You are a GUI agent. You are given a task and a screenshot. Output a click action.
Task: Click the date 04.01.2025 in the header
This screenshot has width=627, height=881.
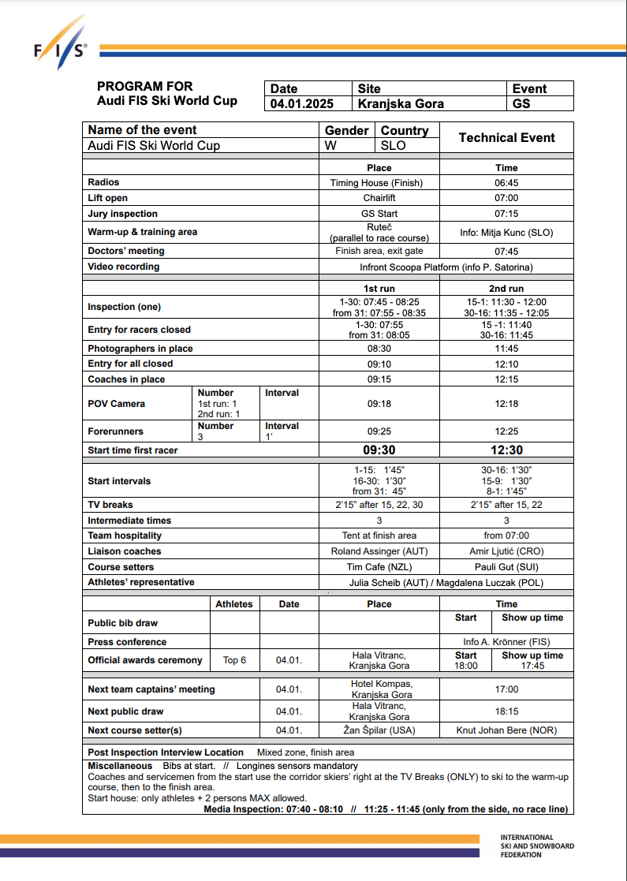pyautogui.click(x=301, y=104)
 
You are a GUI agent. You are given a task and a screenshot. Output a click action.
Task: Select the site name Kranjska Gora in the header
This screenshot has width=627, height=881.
pyautogui.click(x=401, y=104)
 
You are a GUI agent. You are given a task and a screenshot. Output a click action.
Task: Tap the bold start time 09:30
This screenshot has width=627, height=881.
pyautogui.click(x=379, y=450)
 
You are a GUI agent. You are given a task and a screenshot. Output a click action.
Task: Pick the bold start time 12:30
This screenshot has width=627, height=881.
pyautogui.click(x=506, y=450)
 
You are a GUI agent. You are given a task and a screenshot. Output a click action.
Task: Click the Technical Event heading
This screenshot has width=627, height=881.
pyautogui.click(x=506, y=137)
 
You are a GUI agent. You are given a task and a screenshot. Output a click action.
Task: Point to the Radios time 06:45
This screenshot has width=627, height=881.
pyautogui.click(x=506, y=182)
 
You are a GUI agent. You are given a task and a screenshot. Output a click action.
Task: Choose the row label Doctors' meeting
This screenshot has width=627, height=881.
pyautogui.click(x=126, y=251)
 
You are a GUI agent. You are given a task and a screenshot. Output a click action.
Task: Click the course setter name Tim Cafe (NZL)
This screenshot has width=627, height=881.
pyautogui.click(x=379, y=567)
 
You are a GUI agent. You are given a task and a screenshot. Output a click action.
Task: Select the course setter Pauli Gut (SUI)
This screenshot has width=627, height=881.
pyautogui.click(x=506, y=567)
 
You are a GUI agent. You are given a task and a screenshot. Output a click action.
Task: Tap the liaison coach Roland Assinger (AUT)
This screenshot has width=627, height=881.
pyautogui.click(x=379, y=551)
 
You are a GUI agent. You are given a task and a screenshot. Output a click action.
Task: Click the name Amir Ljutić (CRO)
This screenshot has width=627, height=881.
pyautogui.click(x=506, y=551)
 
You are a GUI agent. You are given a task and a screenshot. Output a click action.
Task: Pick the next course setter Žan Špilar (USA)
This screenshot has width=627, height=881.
pyautogui.click(x=379, y=730)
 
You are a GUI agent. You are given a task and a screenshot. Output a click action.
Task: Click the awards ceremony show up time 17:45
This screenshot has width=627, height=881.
pyautogui.click(x=532, y=666)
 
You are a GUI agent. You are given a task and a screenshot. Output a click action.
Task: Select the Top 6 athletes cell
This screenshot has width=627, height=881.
pyautogui.click(x=234, y=660)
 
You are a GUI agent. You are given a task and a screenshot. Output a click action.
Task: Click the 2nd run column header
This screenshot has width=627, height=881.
pyautogui.click(x=506, y=289)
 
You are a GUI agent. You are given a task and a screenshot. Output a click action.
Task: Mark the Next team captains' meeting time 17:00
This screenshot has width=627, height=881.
pyautogui.click(x=506, y=689)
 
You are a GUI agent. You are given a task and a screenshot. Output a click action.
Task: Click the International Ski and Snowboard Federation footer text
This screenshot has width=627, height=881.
pyautogui.click(x=537, y=846)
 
